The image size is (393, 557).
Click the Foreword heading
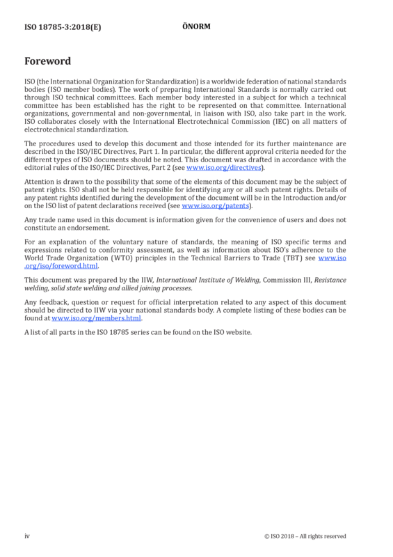pyautogui.click(x=47, y=61)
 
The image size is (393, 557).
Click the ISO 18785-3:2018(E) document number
pyautogui.click(x=63, y=27)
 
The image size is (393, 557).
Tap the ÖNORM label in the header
pyautogui.click(x=196, y=26)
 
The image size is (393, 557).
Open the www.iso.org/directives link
pyautogui.click(x=224, y=167)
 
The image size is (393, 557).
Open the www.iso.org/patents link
pyautogui.click(x=216, y=205)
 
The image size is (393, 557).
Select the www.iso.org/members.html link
pyautogui.click(x=96, y=318)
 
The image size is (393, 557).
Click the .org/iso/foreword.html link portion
pyautogui.click(x=61, y=266)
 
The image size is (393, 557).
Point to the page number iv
pyautogui.click(x=27, y=536)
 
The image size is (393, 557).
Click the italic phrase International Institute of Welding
pyautogui.click(x=208, y=280)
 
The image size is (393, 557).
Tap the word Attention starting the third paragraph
pyautogui.click(x=39, y=182)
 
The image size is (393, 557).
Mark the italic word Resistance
pyautogui.click(x=330, y=280)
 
